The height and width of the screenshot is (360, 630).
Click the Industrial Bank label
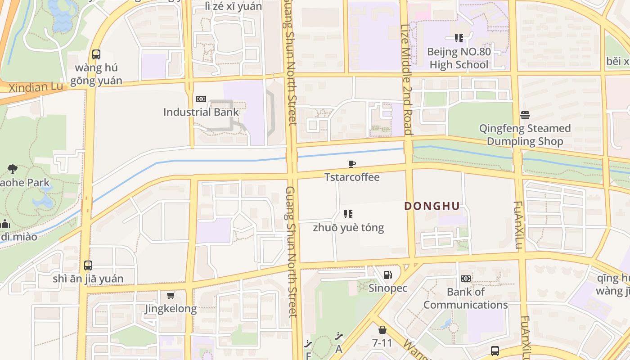pyautogui.click(x=201, y=112)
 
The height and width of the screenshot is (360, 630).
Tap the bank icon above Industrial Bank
pyautogui.click(x=201, y=99)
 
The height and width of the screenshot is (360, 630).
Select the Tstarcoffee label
pyautogui.click(x=352, y=177)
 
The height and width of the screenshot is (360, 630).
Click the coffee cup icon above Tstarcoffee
pyautogui.click(x=352, y=164)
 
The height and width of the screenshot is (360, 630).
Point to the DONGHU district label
pyautogui.click(x=432, y=206)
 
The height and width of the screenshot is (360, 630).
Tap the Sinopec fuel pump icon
pyautogui.click(x=387, y=275)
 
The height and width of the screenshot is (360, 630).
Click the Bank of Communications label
pyautogui.click(x=465, y=298)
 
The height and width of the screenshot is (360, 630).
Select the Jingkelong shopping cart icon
pyautogui.click(x=171, y=296)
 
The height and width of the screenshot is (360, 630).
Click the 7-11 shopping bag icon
pyautogui.click(x=382, y=330)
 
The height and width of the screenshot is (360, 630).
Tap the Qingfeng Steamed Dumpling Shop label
pyautogui.click(x=525, y=135)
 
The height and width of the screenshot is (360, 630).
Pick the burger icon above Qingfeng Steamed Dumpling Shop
pyautogui.click(x=525, y=115)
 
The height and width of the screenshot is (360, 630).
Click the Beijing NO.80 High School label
pyautogui.click(x=459, y=58)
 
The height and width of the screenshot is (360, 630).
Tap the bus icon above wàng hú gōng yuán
pyautogui.click(x=96, y=54)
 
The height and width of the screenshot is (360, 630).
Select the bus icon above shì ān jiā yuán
pyautogui.click(x=88, y=265)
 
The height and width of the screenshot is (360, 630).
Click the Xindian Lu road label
pyautogui.click(x=36, y=87)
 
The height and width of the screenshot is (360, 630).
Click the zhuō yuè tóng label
pyautogui.click(x=348, y=227)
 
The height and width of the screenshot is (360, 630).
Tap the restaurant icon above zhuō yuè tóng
pyautogui.click(x=348, y=214)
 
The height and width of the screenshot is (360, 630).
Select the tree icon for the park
pyautogui.click(x=13, y=169)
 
